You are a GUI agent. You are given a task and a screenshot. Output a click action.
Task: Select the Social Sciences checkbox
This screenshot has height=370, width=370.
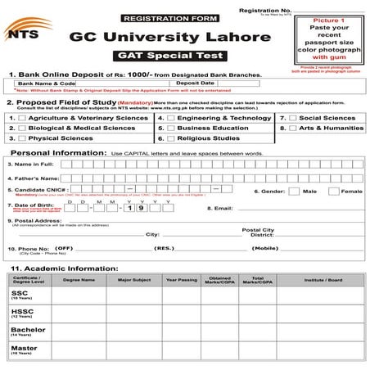tap(282, 119)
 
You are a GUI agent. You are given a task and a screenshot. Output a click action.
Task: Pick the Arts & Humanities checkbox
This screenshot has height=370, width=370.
tap(282, 129)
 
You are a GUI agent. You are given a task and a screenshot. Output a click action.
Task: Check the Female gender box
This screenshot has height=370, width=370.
tap(333, 191)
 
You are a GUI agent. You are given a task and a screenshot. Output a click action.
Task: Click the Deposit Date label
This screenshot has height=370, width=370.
tap(195, 83)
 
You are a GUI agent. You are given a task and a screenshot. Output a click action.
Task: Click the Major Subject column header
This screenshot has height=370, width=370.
tap(136, 280)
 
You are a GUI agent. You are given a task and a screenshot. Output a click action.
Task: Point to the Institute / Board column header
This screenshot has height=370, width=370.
tap(323, 280)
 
